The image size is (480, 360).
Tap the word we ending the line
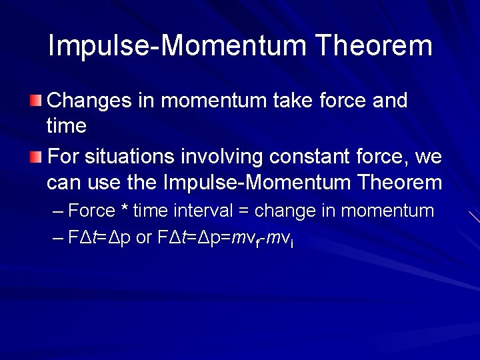428,158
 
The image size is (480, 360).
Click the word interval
203,211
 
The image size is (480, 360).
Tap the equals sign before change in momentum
243,212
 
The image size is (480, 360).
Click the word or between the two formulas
144,239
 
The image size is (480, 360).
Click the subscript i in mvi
291,243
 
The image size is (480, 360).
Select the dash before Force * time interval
58,212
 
